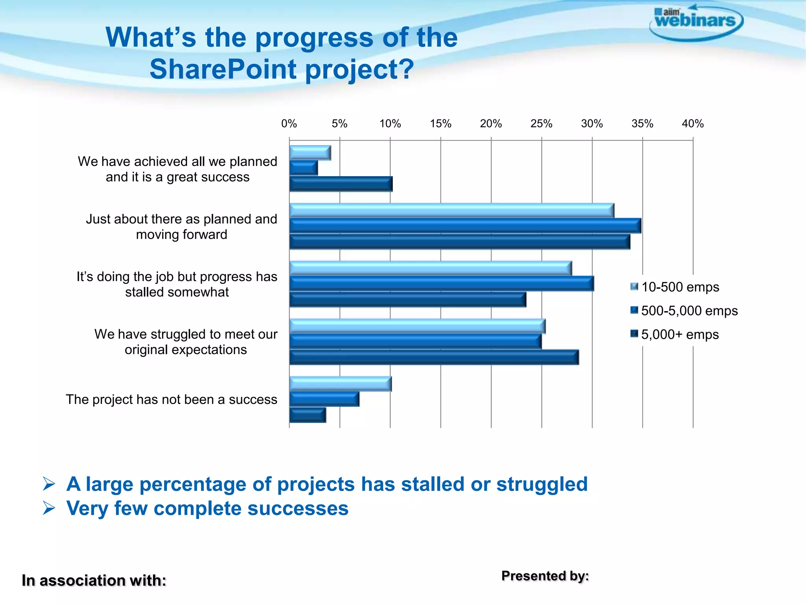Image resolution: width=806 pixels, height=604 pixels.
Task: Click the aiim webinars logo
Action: click(x=696, y=22)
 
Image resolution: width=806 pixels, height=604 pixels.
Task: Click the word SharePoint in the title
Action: click(x=223, y=69)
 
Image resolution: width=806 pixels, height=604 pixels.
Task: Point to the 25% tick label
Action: click(x=541, y=124)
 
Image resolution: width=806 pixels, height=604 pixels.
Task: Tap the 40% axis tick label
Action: click(x=692, y=124)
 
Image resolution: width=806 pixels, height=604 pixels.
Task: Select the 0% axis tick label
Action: click(x=289, y=124)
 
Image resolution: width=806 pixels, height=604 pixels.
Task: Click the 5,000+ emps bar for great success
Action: click(x=341, y=184)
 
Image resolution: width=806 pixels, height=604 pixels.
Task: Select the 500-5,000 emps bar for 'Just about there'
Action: click(x=465, y=226)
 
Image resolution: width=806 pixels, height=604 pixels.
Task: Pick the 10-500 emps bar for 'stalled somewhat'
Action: click(x=431, y=268)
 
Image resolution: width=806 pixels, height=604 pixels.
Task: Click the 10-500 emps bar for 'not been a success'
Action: click(x=340, y=384)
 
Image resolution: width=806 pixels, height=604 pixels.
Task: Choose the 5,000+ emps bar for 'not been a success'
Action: click(x=308, y=415)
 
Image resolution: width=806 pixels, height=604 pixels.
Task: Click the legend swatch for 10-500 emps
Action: click(x=634, y=287)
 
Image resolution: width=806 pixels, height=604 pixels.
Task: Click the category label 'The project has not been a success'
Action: click(x=172, y=400)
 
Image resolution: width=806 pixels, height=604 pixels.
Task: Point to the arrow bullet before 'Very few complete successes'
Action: click(x=49, y=508)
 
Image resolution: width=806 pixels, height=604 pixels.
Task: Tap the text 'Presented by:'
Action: click(x=545, y=576)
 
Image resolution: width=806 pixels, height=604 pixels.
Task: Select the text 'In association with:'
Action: click(x=94, y=581)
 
